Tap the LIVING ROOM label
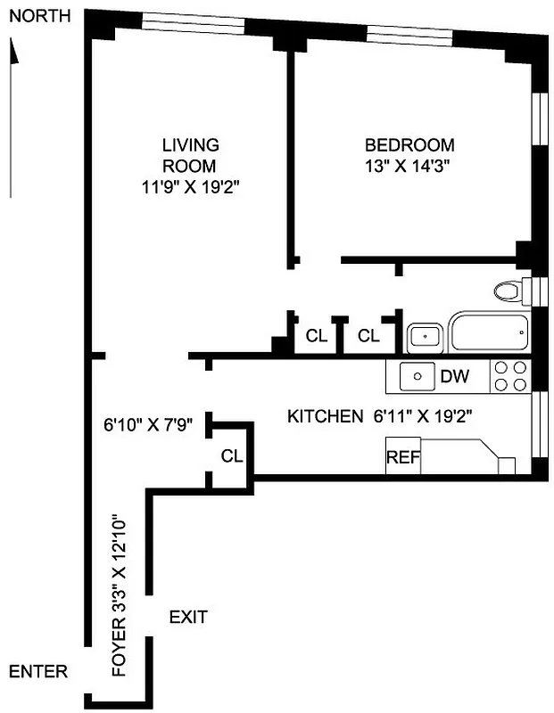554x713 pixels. click(x=189, y=155)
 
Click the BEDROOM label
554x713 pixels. click(x=409, y=145)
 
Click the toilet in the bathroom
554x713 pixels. click(x=509, y=291)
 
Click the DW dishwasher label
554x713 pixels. click(x=454, y=376)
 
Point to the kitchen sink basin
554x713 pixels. click(x=416, y=376)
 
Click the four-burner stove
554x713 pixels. click(x=511, y=376)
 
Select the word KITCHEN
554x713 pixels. click(x=324, y=416)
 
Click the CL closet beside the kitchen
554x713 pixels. click(x=232, y=456)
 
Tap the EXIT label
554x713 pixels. click(x=188, y=616)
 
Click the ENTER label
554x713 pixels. click(x=37, y=671)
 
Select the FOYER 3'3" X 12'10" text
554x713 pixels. click(x=120, y=595)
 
